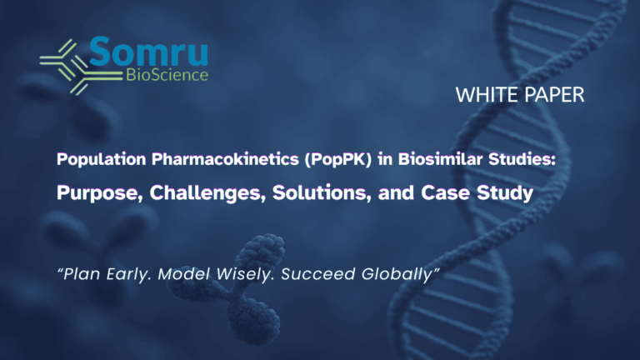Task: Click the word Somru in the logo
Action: tap(148, 52)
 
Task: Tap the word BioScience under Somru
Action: tap(167, 75)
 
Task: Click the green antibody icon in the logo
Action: tap(80, 67)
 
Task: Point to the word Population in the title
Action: tap(101, 159)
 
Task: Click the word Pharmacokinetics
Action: tap(225, 159)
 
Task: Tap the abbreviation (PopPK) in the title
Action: tap(338, 159)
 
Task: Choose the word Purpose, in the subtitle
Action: tap(100, 193)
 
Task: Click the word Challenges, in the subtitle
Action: tap(207, 193)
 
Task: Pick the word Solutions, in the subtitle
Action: tap(322, 192)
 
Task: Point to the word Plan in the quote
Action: tap(82, 274)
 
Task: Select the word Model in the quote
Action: tap(184, 274)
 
